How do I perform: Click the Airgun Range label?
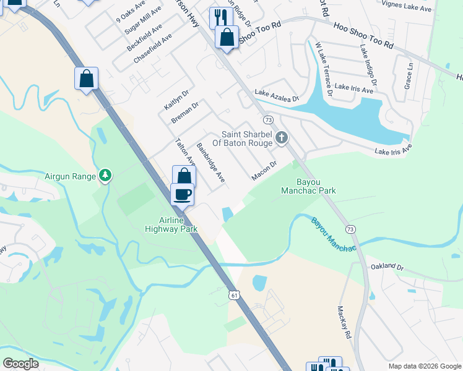coord(70,176)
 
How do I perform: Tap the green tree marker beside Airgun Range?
coord(106,176)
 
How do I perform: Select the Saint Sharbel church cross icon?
coord(282,137)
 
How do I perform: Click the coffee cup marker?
coord(182,195)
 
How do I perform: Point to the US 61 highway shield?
coord(234,296)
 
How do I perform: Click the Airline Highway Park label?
coord(171,224)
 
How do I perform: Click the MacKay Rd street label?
coord(344,322)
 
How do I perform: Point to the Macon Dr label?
coord(263,171)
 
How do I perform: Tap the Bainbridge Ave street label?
coord(210,163)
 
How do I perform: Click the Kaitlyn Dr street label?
coord(176,98)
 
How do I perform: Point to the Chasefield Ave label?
coord(152,49)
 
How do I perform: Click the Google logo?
coord(21,363)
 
